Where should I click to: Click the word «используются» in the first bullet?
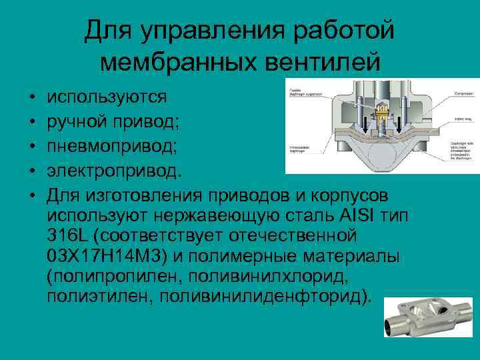coord(107,97)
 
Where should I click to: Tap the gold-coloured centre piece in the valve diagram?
coord(382,115)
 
